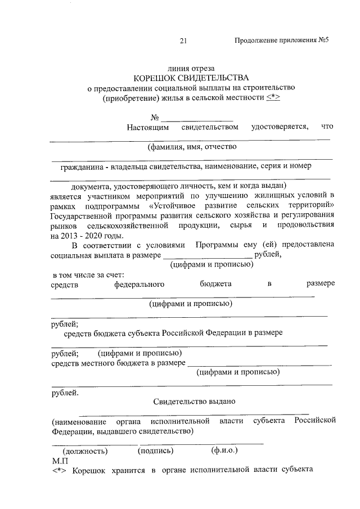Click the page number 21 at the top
[x=183, y=41]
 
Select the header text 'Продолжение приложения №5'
[x=281, y=41]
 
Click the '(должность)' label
[x=85, y=451]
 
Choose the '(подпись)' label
[x=156, y=451]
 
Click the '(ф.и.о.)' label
[x=224, y=451]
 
